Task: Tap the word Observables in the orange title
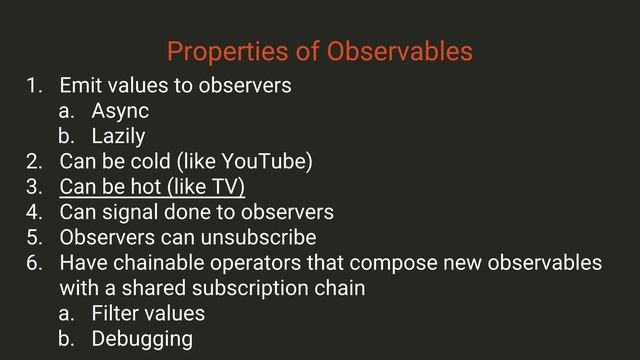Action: pyautogui.click(x=405, y=50)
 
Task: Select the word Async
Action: pyautogui.click(x=120, y=110)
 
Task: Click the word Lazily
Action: pyautogui.click(x=119, y=136)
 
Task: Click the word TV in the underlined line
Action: pyautogui.click(x=228, y=187)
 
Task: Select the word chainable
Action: pyautogui.click(x=155, y=264)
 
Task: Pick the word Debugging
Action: pyautogui.click(x=142, y=339)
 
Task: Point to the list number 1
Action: pyautogui.click(x=35, y=85)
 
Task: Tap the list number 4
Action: pyautogui.click(x=35, y=212)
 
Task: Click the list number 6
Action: pyautogui.click(x=35, y=264)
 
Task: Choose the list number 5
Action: pyautogui.click(x=35, y=238)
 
